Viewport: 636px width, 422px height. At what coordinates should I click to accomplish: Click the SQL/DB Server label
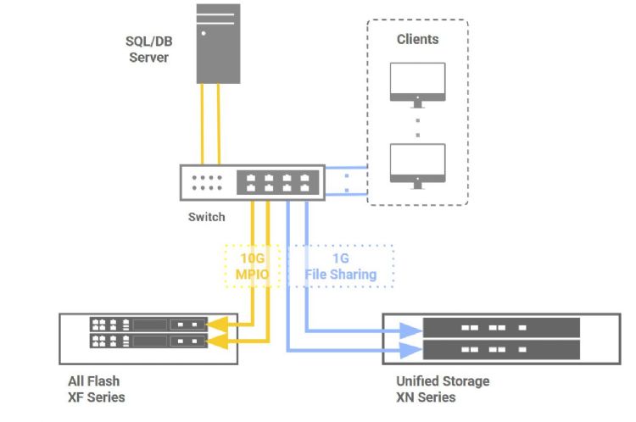[148, 50]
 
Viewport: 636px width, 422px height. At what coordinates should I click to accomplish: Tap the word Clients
[418, 39]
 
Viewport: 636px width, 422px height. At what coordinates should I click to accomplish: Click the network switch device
[252, 181]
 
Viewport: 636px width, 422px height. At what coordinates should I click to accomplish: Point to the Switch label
[206, 217]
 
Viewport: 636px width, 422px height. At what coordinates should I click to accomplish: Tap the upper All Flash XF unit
[148, 324]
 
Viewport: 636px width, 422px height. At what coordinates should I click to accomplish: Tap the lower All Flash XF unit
[148, 341]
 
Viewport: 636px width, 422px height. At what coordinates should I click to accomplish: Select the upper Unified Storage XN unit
[500, 327]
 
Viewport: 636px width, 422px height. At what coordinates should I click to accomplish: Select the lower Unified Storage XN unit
[500, 349]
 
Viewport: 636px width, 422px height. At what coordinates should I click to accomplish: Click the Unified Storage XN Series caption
[443, 389]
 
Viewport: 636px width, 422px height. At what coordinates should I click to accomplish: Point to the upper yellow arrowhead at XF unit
[216, 324]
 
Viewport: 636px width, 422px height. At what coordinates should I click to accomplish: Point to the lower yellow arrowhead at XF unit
[216, 341]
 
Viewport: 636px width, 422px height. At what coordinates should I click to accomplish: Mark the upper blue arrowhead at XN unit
[415, 329]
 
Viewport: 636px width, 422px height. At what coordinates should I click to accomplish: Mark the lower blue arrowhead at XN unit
[415, 348]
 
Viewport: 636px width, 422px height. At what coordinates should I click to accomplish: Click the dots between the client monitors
[417, 125]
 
